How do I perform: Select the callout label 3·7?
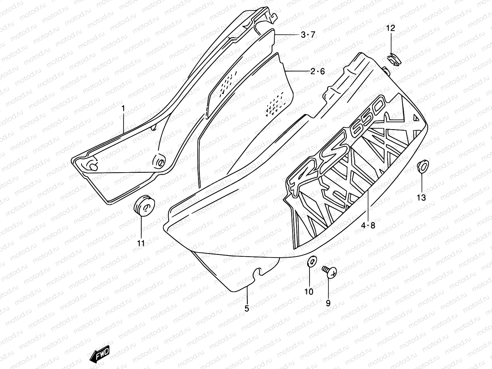click(308, 35)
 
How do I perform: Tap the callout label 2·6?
click(317, 72)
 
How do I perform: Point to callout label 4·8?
click(368, 225)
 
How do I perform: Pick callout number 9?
click(328, 303)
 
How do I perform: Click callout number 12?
click(391, 29)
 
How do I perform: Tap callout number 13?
click(421, 198)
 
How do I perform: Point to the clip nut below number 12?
click(392, 59)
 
